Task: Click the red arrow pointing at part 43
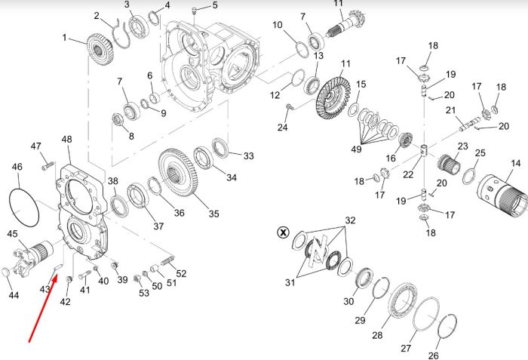pyautogui.click(x=43, y=308)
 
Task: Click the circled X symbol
pyautogui.click(x=283, y=232)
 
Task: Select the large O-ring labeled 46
pyautogui.click(x=23, y=208)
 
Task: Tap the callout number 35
pyautogui.click(x=213, y=214)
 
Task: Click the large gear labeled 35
pyautogui.click(x=178, y=173)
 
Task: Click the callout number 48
pyautogui.click(x=66, y=139)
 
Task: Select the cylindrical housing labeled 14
pyautogui.click(x=502, y=196)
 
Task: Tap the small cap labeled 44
pyautogui.click(x=6, y=272)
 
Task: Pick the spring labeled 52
pyautogui.click(x=167, y=261)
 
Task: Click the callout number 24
pyautogui.click(x=283, y=127)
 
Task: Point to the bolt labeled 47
pyautogui.click(x=48, y=166)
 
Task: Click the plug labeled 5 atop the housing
pyautogui.click(x=194, y=11)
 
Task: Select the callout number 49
pyautogui.click(x=356, y=149)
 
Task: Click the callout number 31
pyautogui.click(x=290, y=282)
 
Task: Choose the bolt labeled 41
pyautogui.click(x=84, y=276)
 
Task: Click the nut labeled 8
pyautogui.click(x=117, y=120)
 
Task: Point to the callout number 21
pyautogui.click(x=450, y=110)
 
